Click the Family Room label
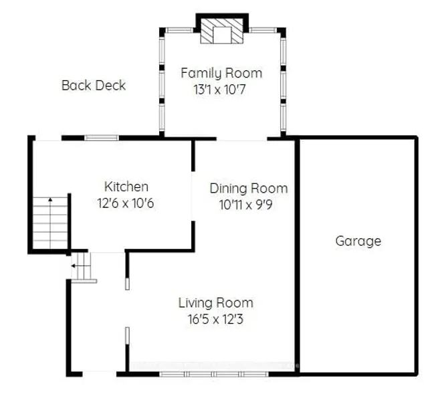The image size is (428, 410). pos(221,73)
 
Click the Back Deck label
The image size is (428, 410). pos(94,86)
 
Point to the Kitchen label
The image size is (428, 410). pos(126,187)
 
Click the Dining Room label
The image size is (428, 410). pos(249,188)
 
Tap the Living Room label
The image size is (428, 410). pos(215,303)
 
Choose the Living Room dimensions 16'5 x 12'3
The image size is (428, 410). pos(215,319)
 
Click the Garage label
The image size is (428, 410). pos(358,241)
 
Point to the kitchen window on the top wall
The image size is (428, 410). pos(102,138)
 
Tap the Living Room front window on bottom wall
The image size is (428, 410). pos(210,374)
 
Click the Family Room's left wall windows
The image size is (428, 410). pos(160,84)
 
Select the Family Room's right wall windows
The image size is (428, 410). pos(283,84)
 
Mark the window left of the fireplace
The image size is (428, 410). pos(179,30)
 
